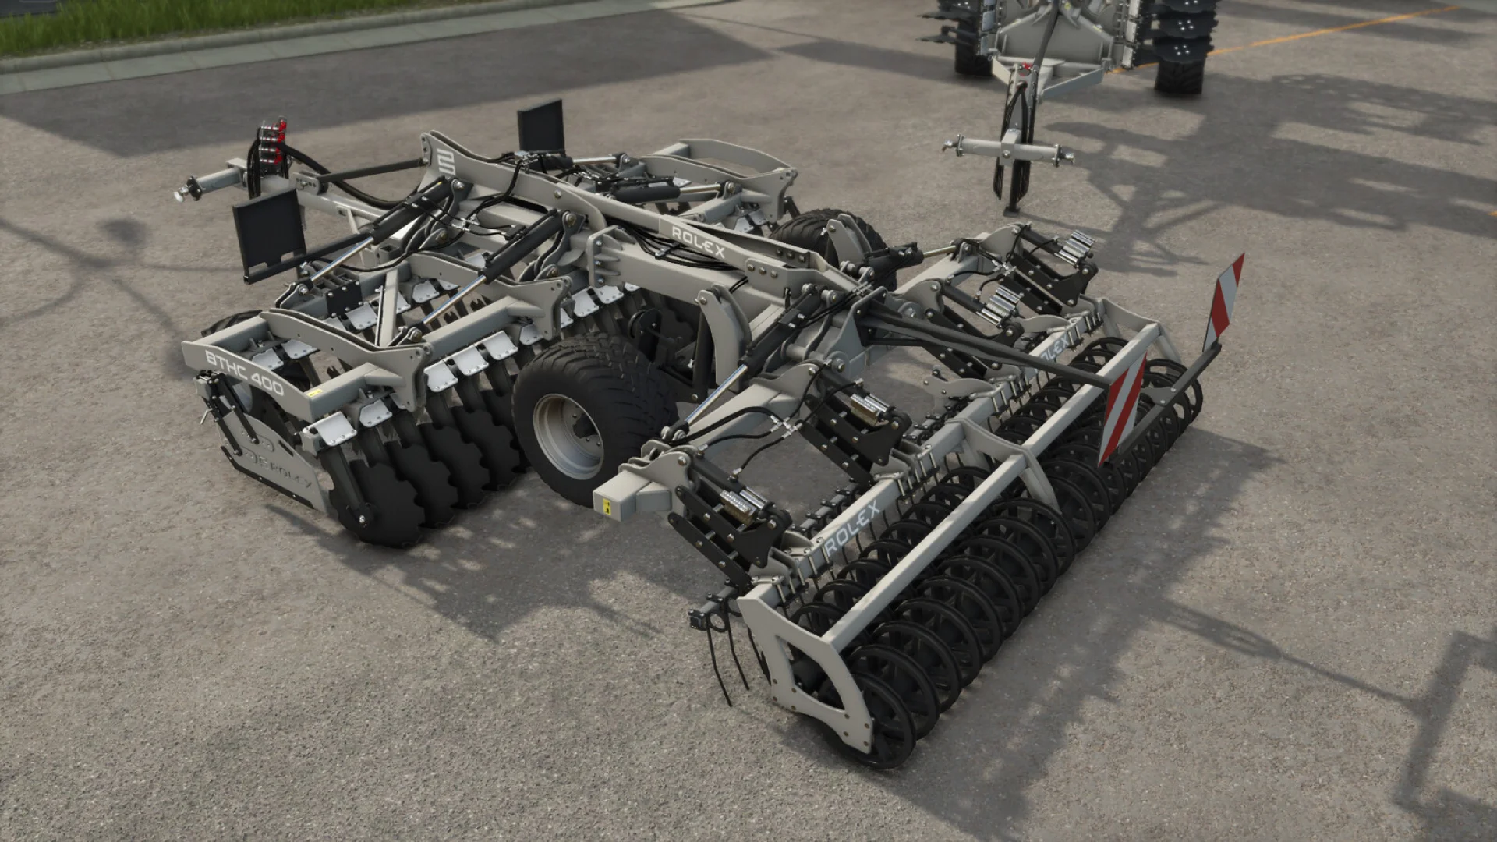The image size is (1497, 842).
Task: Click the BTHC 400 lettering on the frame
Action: [x=244, y=373]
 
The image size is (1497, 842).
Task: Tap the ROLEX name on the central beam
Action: [x=698, y=242]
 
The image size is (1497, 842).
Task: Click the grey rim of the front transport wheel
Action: [x=568, y=437]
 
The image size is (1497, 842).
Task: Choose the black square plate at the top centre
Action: [x=540, y=126]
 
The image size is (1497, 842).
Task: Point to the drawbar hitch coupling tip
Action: [x=180, y=192]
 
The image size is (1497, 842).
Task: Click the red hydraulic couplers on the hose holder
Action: [x=272, y=140]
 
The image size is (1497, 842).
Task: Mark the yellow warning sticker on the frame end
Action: [x=606, y=506]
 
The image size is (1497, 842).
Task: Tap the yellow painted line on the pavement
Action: [x=1325, y=30]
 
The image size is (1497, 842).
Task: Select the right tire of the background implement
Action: [x=1181, y=47]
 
